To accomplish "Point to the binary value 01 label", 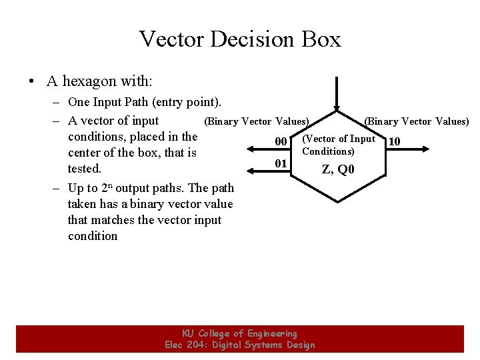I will pos(281,163).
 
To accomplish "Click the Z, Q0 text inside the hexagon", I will pos(339,169).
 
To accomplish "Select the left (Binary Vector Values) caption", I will pos(256,121).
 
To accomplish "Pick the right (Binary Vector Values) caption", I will pos(416,121).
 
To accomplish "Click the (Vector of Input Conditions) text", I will pos(338,145).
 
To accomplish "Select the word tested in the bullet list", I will pos(84,169).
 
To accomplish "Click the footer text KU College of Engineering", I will pos(239,333).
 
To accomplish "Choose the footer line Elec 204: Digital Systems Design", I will pos(239,345).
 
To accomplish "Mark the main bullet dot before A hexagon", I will pos(31,82).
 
